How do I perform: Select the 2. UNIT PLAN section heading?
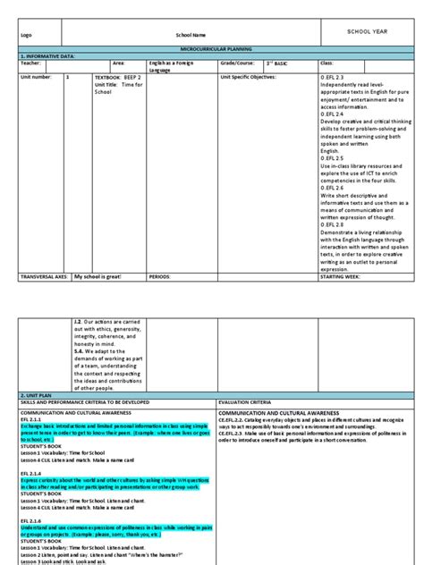[38, 367]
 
